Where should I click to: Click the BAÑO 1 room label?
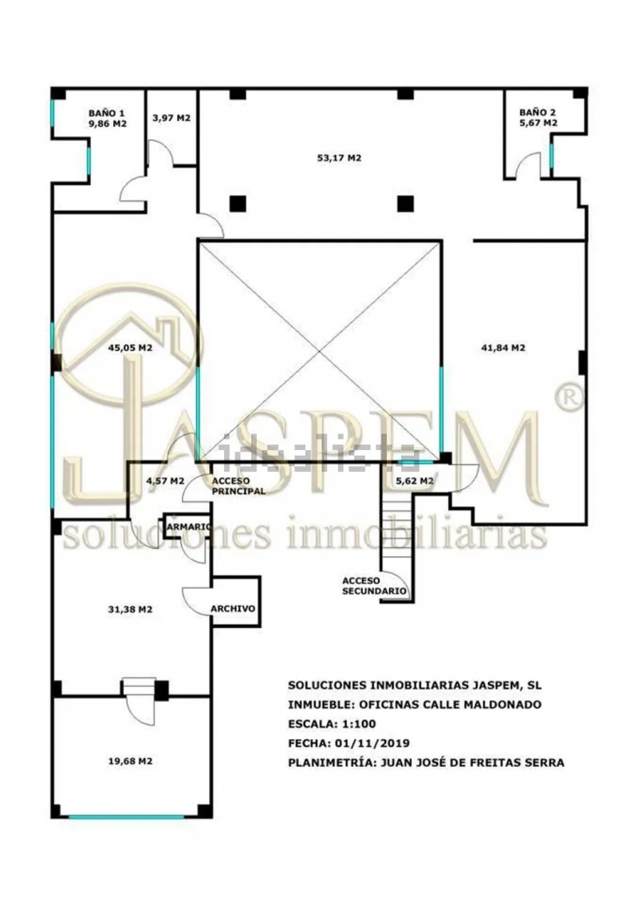106,113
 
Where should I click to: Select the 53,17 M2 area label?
339,157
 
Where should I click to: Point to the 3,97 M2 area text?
171,118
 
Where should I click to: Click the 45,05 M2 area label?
130,347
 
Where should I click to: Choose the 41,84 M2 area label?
503,347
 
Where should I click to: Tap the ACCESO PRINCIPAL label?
238,486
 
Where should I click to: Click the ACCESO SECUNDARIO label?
375,586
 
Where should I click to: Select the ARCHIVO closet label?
233,608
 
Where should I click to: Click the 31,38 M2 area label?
130,609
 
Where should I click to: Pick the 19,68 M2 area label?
130,761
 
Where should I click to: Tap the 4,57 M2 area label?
165,480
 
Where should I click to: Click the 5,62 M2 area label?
415,480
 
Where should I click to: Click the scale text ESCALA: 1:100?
332,724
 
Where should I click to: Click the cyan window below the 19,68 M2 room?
126,816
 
